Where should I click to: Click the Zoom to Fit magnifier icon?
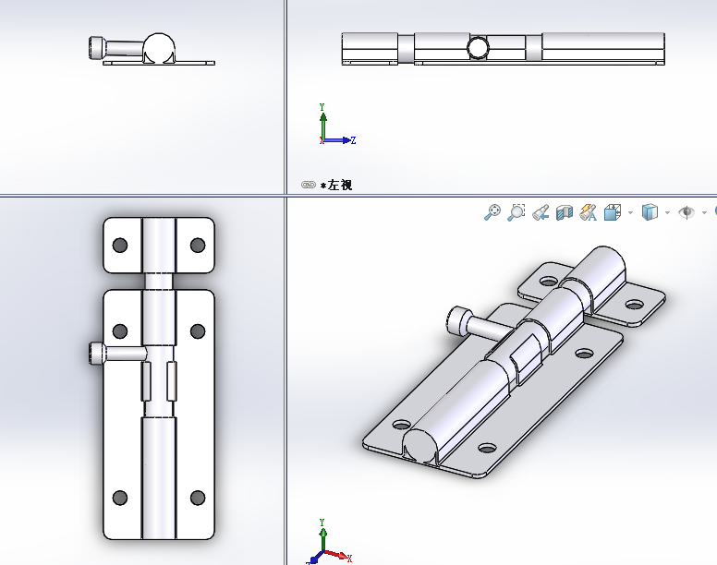492,212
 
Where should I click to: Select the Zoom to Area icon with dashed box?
516,212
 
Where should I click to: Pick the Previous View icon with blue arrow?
541,213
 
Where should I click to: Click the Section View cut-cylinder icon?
565,213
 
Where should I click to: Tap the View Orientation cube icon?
613,212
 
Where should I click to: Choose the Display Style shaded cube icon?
650,212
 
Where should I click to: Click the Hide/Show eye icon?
687,212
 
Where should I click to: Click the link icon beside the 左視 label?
309,185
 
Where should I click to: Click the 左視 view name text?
340,185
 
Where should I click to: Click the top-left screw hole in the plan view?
120,246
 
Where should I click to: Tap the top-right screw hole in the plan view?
198,246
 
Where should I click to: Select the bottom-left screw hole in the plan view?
120,498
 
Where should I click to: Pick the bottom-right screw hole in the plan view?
198,498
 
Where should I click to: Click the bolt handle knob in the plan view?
97,354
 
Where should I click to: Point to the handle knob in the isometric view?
459,318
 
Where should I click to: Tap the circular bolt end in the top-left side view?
159,48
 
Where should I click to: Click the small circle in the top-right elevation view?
479,47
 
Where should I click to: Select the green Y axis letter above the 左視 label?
322,107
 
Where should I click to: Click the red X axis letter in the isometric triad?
349,559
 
